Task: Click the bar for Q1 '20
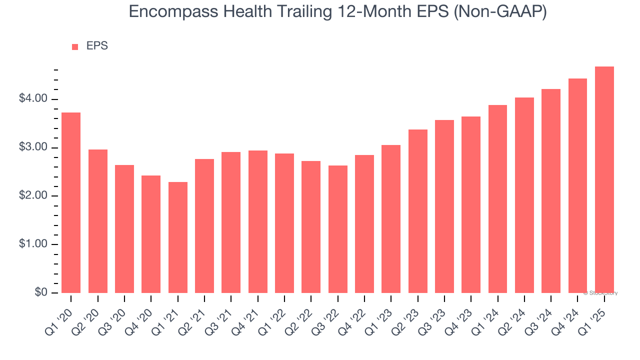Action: point(71,202)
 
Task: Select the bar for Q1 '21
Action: point(177,237)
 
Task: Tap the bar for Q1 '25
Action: point(604,180)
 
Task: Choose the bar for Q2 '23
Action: point(417,211)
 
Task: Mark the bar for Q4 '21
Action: point(257,221)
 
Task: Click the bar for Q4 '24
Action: point(577,185)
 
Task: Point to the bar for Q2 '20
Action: point(97,221)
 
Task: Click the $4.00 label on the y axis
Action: point(33,99)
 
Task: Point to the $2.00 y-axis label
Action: point(33,196)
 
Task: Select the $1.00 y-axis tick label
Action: point(33,244)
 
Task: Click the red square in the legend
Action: point(75,46)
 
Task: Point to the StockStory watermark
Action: point(600,293)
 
